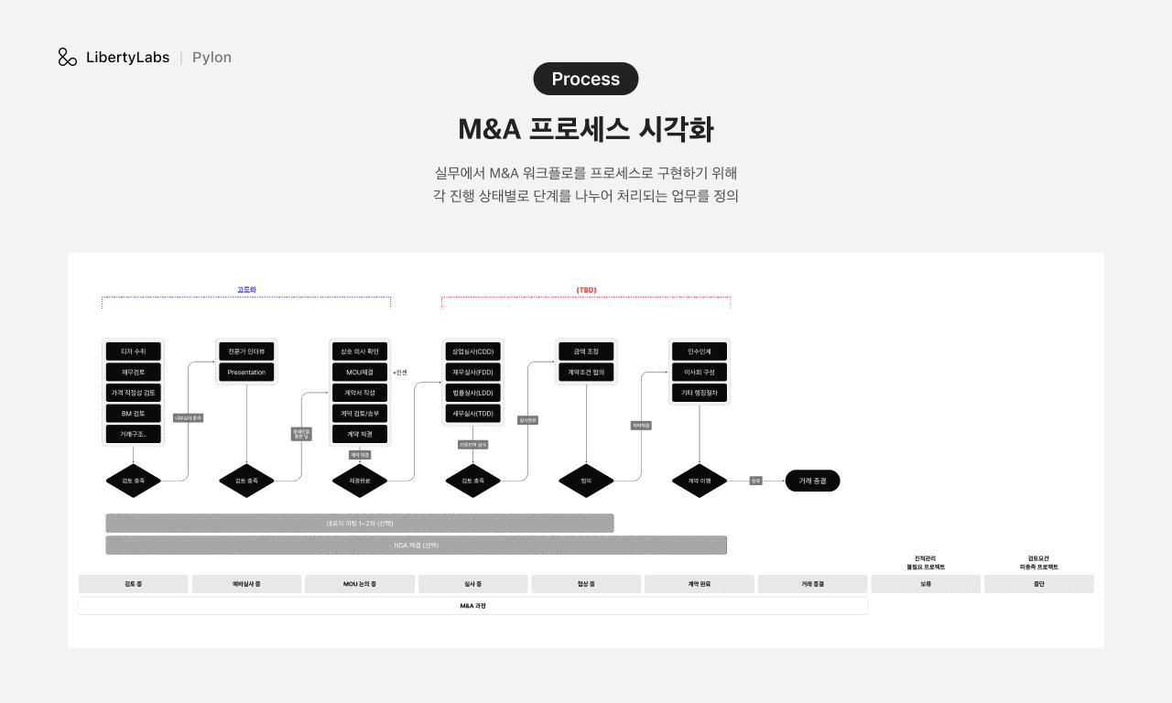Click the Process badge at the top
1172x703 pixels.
click(586, 79)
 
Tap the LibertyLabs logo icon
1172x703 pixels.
click(68, 57)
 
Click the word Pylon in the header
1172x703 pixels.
click(212, 57)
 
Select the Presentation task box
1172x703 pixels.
click(246, 373)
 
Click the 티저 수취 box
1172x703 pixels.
click(133, 351)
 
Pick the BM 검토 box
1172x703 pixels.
click(133, 414)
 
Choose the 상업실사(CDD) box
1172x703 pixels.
click(472, 351)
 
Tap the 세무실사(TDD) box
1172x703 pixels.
click(472, 414)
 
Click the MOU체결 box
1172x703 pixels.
click(359, 373)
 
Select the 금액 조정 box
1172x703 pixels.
click(586, 351)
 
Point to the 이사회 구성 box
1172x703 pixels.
click(700, 373)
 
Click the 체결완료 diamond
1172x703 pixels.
click(359, 481)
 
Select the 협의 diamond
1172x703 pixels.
click(586, 481)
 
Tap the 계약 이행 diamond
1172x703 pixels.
click(700, 481)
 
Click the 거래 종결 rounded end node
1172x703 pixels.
click(812, 481)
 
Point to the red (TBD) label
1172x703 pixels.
click(586, 289)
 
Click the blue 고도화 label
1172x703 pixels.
click(246, 289)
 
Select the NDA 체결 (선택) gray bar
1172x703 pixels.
click(416, 545)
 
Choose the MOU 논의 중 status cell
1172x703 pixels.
click(359, 584)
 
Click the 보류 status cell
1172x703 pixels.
click(925, 584)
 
